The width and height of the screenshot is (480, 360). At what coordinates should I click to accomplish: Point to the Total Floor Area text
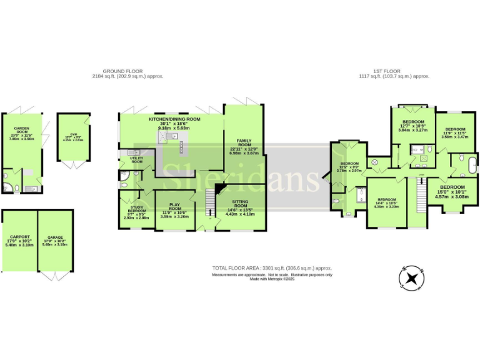(x=272, y=268)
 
